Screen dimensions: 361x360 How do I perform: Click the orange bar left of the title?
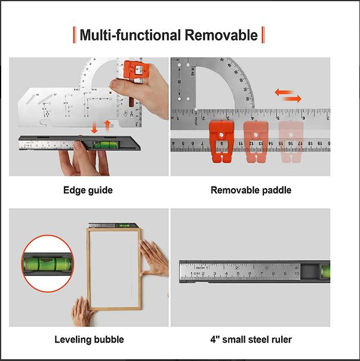(x=74, y=35)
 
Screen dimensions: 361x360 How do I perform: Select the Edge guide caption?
(x=88, y=190)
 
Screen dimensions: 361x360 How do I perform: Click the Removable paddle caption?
(x=251, y=190)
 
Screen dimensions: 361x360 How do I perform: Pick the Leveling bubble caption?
(x=89, y=340)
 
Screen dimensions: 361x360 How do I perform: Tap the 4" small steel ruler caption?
(x=250, y=340)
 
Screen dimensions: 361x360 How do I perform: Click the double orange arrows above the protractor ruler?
(x=288, y=94)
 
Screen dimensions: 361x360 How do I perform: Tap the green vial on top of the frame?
(x=127, y=226)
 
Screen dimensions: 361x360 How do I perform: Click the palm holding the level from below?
(x=78, y=161)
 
